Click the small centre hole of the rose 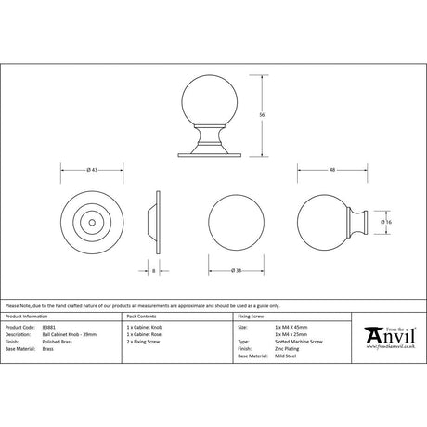(92, 223)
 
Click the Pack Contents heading (143, 317)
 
